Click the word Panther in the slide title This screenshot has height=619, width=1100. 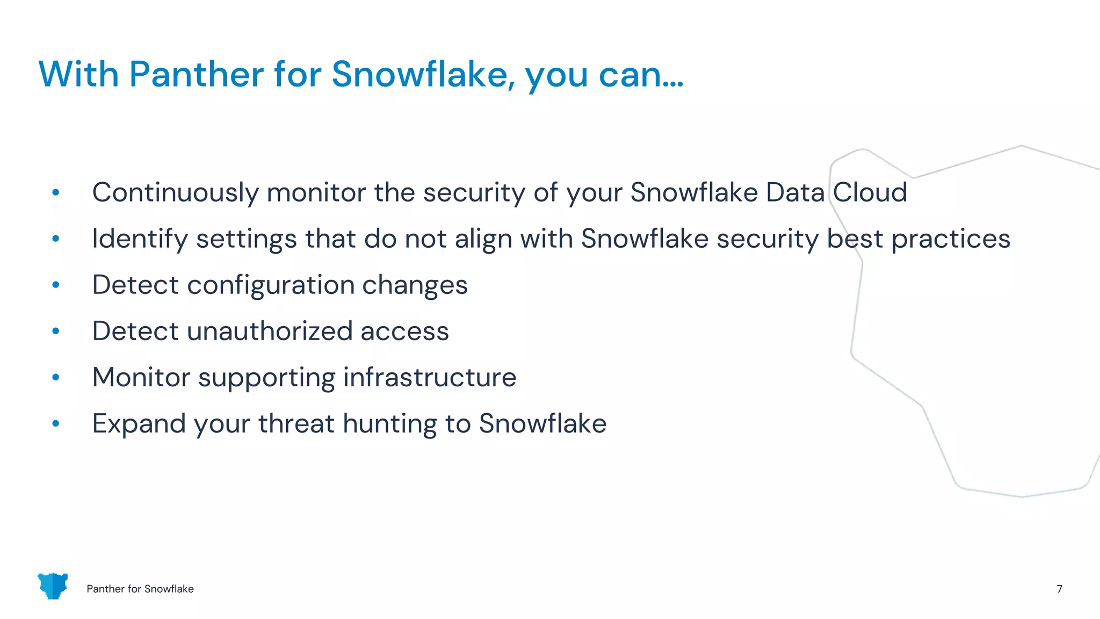(196, 74)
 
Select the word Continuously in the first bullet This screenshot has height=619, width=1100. (175, 193)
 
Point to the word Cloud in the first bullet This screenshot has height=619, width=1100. (870, 192)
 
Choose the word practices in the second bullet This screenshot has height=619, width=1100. (951, 239)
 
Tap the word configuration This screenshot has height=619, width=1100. (271, 285)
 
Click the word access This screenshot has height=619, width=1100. (404, 332)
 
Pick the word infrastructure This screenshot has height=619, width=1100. (430, 377)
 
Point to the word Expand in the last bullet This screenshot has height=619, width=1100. (139, 424)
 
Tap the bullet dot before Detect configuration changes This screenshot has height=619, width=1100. (56, 285)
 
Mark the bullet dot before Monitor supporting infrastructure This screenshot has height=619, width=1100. (56, 377)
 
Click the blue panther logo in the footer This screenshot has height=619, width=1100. (53, 586)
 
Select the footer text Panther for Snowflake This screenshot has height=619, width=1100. (140, 589)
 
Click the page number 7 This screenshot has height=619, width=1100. (1059, 589)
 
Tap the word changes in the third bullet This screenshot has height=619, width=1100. (415, 285)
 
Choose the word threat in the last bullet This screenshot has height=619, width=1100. (296, 424)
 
